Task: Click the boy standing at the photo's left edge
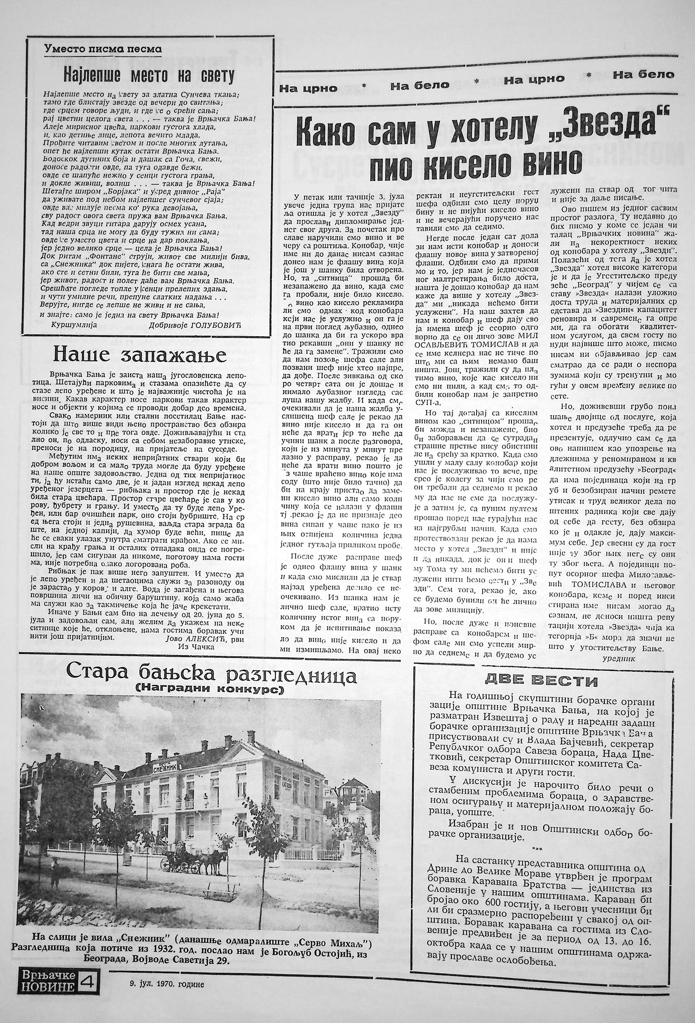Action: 55,874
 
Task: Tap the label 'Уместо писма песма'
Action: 103,49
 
